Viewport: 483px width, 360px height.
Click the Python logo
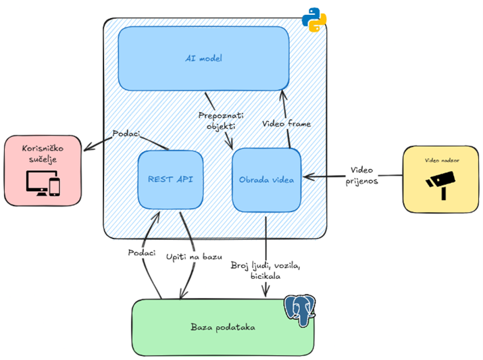coord(313,20)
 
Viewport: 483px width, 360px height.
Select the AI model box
coord(203,58)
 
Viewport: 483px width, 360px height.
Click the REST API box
coord(170,180)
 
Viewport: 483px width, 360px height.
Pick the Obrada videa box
coord(266,180)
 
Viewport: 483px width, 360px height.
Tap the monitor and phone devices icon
coord(42,183)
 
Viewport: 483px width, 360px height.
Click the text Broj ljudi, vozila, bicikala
coord(263,270)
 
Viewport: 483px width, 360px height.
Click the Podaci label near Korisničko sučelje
coord(126,133)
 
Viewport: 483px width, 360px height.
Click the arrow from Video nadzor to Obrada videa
coord(351,178)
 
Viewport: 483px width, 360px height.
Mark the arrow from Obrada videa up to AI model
coord(286,115)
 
